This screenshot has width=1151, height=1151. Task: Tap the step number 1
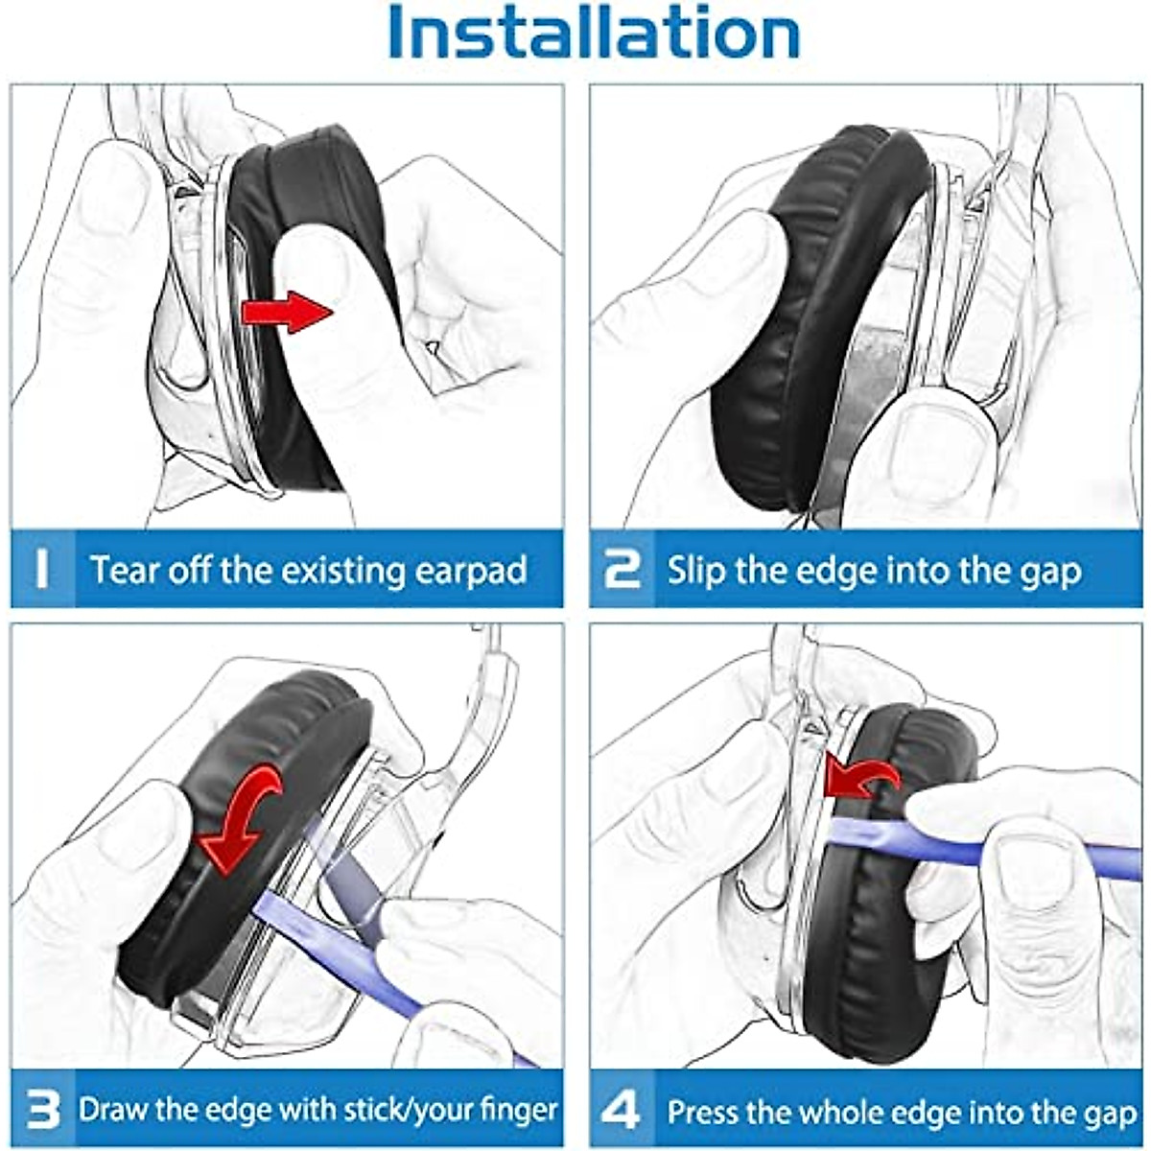click(x=41, y=568)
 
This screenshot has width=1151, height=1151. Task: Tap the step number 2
click(x=622, y=569)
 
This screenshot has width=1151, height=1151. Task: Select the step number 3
click(x=44, y=1111)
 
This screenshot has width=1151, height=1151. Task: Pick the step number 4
click(x=621, y=1111)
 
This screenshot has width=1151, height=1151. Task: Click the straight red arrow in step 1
click(x=286, y=312)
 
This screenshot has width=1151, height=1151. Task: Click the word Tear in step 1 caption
click(x=124, y=570)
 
